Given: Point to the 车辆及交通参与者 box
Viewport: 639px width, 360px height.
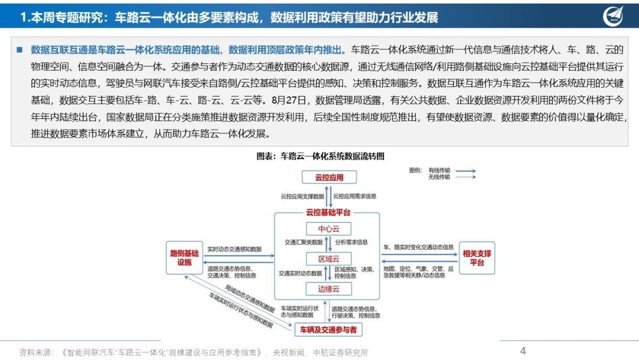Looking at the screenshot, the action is coord(328,329).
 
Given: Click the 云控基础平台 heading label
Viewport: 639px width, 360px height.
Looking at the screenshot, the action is coord(328,212).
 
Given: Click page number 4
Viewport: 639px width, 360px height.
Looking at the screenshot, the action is coord(523,351).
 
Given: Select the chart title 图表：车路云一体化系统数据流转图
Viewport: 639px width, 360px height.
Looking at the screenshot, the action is coord(320,156).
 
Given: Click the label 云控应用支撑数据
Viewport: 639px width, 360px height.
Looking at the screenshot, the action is coord(302,195).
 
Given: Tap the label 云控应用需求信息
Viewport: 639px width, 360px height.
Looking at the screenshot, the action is coord(355,195).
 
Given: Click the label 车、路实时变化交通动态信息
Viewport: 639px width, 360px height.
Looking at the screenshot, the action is coord(418,247).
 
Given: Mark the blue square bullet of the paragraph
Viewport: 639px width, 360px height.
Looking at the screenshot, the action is coord(20,49).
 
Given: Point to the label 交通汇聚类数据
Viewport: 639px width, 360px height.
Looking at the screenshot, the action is coord(304,242).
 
